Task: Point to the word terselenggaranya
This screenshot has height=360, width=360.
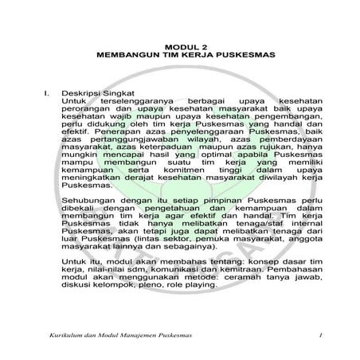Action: [x=131, y=103]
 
